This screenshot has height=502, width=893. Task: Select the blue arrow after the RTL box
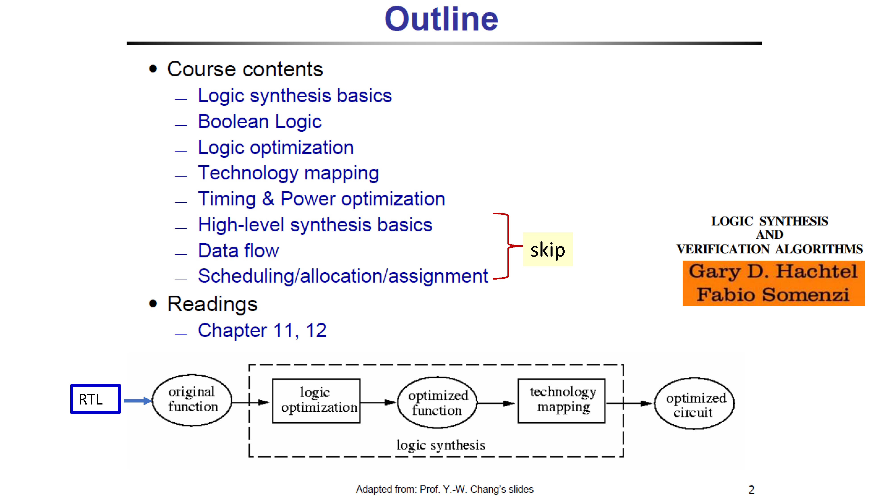click(x=138, y=401)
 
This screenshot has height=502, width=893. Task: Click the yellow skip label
click(x=548, y=249)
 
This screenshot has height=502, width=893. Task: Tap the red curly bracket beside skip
click(x=508, y=246)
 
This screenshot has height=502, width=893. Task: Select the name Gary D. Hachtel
click(x=773, y=271)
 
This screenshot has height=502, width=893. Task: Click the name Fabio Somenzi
click(x=773, y=295)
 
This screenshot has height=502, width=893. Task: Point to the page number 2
click(x=751, y=490)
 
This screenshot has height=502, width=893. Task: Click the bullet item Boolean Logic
click(x=260, y=122)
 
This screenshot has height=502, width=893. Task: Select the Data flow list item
click(x=238, y=251)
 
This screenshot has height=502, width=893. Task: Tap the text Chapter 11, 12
click(x=262, y=330)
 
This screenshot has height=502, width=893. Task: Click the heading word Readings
click(x=212, y=304)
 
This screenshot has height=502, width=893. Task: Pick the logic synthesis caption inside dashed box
click(x=441, y=445)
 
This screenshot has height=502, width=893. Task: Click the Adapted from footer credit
click(x=445, y=489)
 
